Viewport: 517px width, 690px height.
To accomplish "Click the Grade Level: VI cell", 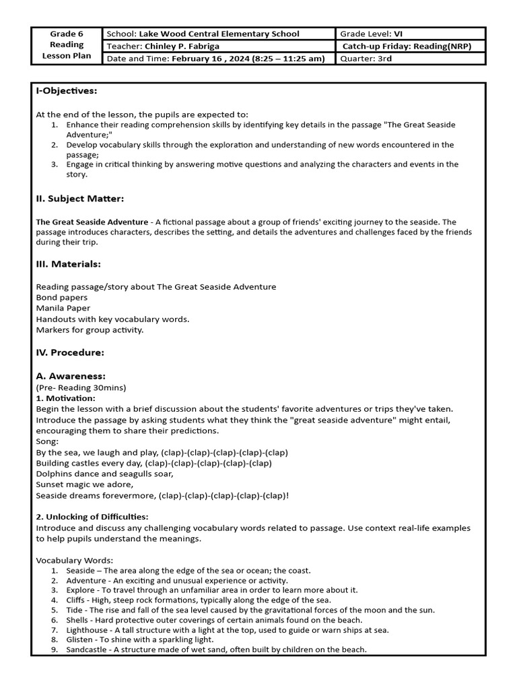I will click(x=372, y=34).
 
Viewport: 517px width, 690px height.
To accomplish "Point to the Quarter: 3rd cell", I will click(x=366, y=59).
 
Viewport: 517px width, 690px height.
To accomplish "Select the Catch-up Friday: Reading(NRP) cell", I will click(x=407, y=46).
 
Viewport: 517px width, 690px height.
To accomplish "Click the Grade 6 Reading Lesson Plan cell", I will click(x=67, y=45).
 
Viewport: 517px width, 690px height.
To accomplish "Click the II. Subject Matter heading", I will click(x=79, y=199).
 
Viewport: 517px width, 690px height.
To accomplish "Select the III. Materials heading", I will click(x=68, y=264).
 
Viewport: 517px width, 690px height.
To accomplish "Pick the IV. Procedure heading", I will click(x=69, y=352).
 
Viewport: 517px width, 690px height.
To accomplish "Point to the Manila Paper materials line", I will click(x=63, y=308).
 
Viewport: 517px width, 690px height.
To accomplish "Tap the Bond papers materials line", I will click(x=61, y=297).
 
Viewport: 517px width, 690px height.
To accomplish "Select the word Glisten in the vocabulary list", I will click(x=81, y=639).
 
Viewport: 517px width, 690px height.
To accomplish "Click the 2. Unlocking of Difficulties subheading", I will click(x=92, y=517).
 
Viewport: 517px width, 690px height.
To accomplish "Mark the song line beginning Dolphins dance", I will click(x=104, y=474).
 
